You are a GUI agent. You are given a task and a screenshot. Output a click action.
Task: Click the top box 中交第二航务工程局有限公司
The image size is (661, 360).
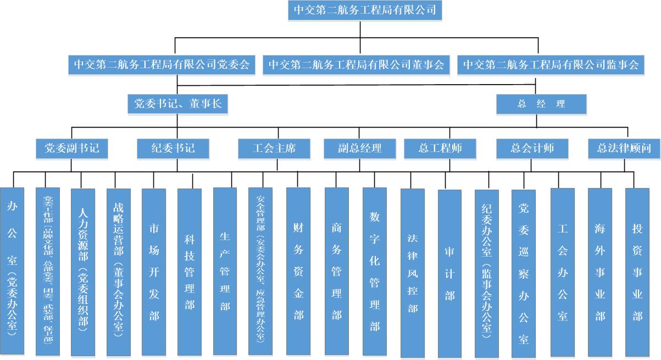coord(365,10)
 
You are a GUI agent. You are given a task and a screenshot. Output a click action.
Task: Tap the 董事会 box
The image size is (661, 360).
coord(356,65)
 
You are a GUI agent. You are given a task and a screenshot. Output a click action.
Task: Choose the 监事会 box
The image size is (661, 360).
coord(551,65)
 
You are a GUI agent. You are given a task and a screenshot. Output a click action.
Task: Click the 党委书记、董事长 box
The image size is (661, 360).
coord(177,103)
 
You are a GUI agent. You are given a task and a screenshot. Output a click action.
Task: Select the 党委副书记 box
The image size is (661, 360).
coord(71,148)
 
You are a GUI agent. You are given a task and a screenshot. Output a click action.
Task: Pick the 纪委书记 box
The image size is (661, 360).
coord(173,148)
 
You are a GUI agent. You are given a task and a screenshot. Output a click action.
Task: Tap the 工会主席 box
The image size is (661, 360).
coord(274,148)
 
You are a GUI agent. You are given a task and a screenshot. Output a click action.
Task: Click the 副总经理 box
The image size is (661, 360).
coord(360,148)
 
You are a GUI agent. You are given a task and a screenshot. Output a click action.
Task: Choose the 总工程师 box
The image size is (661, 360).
coord(440,148)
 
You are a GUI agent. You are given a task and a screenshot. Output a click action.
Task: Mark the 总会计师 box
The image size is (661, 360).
coord(532,148)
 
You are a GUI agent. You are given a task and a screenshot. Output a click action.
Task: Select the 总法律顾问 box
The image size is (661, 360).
coord(624,148)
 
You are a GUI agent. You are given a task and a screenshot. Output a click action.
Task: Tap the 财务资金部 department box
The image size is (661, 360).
coord(298,271)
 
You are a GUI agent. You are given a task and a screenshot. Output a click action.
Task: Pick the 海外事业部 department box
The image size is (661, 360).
coord(600,272)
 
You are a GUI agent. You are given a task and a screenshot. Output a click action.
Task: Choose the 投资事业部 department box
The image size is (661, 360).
coord(637,272)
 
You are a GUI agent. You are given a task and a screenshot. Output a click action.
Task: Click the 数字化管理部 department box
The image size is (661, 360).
coord(375,272)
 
